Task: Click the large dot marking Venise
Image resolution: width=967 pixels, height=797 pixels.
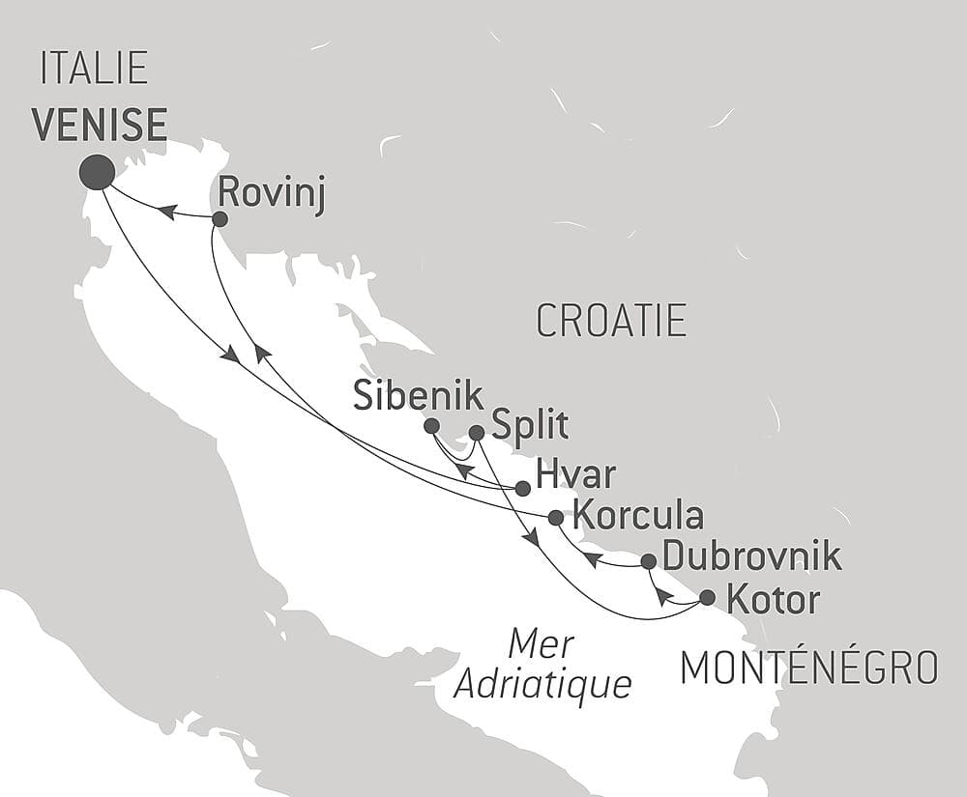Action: pyautogui.click(x=97, y=172)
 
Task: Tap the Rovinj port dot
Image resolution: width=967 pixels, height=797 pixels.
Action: pyautogui.click(x=220, y=219)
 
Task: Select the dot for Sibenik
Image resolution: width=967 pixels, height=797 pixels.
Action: pyautogui.click(x=431, y=426)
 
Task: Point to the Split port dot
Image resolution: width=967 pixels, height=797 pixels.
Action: pyautogui.click(x=476, y=433)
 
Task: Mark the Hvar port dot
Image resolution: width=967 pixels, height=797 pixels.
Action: pyautogui.click(x=522, y=489)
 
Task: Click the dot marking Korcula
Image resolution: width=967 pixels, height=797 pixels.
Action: pyautogui.click(x=555, y=518)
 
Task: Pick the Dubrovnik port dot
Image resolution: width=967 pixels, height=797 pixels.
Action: pyautogui.click(x=649, y=561)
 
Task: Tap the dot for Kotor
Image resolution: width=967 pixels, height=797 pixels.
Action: pyautogui.click(x=707, y=597)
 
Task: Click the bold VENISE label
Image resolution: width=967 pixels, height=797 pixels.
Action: pyautogui.click(x=99, y=126)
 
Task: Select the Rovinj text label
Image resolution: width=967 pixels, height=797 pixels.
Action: pyautogui.click(x=271, y=193)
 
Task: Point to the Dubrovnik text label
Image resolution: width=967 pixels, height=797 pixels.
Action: pyautogui.click(x=752, y=557)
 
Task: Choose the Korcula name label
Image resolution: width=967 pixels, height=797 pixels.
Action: pyautogui.click(x=638, y=513)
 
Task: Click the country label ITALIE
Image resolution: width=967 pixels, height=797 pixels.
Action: pyautogui.click(x=94, y=69)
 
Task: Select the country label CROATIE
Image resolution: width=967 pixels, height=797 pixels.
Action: pyautogui.click(x=611, y=321)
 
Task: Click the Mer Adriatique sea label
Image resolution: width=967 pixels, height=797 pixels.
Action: pyautogui.click(x=542, y=665)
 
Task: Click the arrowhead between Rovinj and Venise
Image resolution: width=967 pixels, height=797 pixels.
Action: pyautogui.click(x=167, y=212)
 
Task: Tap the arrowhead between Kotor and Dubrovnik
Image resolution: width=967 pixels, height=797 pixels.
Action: pyautogui.click(x=662, y=594)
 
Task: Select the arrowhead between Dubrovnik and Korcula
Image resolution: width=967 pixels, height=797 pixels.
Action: pyautogui.click(x=591, y=558)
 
